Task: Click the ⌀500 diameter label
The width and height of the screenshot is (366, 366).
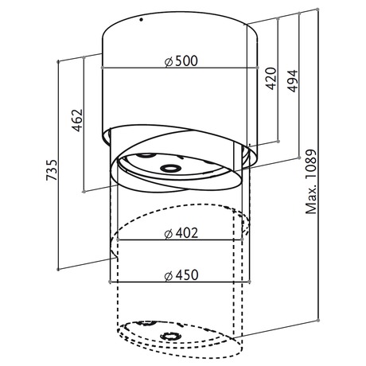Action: click(181, 61)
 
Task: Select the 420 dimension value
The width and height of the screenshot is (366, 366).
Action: click(271, 79)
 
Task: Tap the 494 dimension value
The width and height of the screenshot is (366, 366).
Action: click(292, 81)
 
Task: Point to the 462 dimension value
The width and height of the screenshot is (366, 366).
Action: click(77, 120)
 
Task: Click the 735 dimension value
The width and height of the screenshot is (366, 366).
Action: click(52, 170)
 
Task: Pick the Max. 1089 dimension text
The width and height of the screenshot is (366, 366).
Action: click(311, 181)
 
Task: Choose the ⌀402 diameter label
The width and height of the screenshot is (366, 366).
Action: click(181, 233)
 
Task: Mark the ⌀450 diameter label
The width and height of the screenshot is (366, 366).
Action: click(181, 275)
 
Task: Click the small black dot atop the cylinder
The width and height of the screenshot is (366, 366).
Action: click(142, 19)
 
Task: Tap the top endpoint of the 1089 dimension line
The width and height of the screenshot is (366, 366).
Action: click(317, 10)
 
